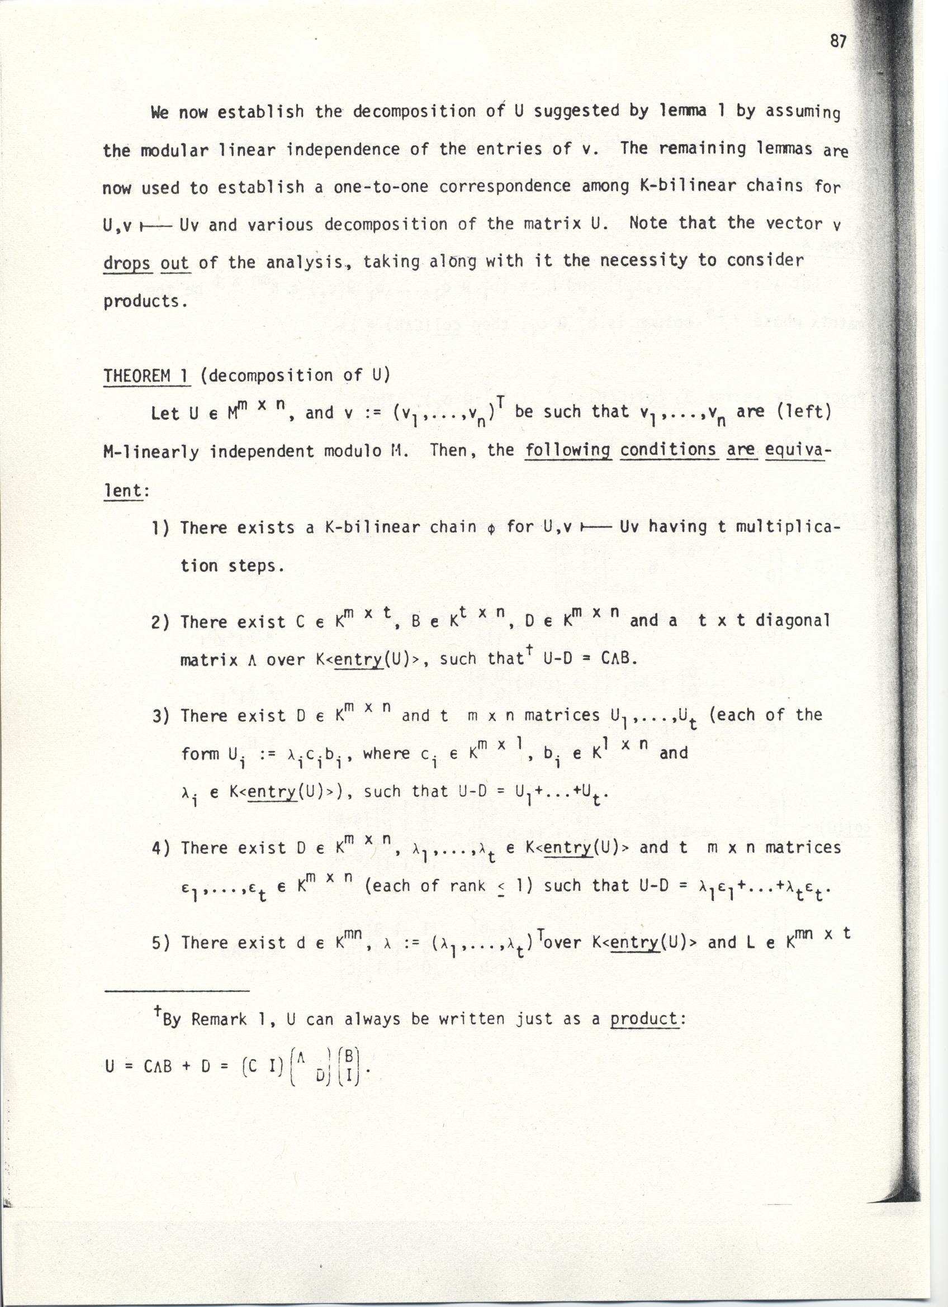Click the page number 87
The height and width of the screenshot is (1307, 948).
click(x=838, y=41)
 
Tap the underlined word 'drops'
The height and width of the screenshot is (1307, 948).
click(x=127, y=262)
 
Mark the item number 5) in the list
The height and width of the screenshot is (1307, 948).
click(x=162, y=943)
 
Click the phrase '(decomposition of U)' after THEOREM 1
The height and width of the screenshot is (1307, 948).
click(x=295, y=376)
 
